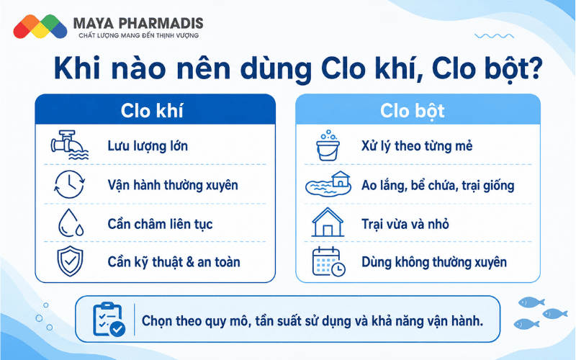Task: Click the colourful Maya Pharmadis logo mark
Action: coord(40,27)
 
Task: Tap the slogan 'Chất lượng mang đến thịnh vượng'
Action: coord(138,35)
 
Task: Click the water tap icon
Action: coord(69,145)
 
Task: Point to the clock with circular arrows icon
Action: coord(69,184)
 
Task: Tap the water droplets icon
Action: coord(71,223)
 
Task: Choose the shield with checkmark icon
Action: coord(70,261)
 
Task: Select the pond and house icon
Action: coord(328,184)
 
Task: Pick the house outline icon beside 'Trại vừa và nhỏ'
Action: coord(328,222)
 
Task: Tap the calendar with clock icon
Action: coord(329,261)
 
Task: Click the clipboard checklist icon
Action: coord(109,319)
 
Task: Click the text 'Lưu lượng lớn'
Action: coord(148,146)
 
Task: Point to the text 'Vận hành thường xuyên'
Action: coord(173,185)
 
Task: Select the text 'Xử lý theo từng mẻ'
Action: coord(417,146)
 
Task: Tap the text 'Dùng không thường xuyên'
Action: coord(434,262)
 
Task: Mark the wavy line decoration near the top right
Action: coord(494,36)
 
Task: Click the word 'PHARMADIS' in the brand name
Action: coord(161,24)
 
